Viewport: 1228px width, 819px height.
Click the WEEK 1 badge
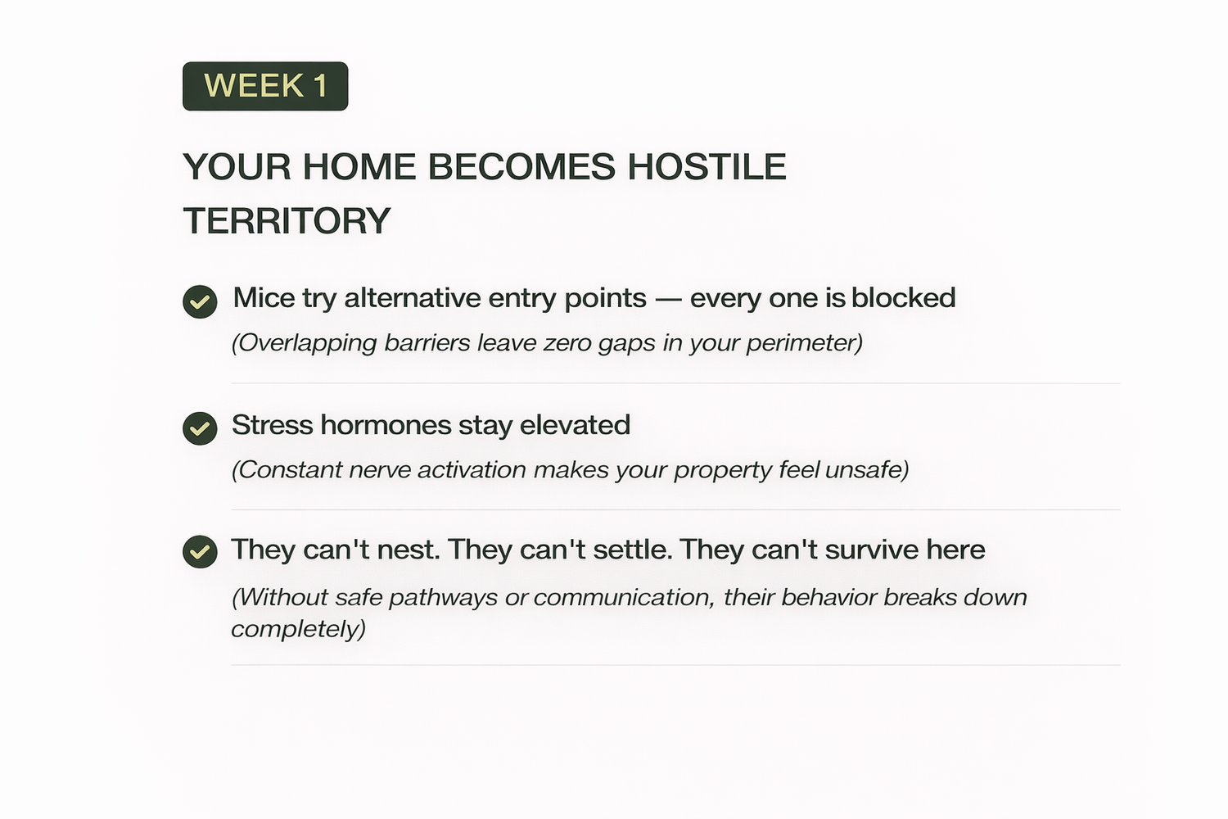pyautogui.click(x=265, y=86)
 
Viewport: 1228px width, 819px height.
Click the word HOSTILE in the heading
pyautogui.click(x=707, y=167)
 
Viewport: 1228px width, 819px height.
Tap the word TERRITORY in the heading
pyautogui.click(x=287, y=220)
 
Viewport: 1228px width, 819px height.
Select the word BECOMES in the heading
pyautogui.click(x=521, y=167)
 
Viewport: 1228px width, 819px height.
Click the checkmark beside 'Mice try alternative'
pyautogui.click(x=200, y=301)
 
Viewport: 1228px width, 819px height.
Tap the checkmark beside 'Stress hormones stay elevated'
pyautogui.click(x=200, y=428)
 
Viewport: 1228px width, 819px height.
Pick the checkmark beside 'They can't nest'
pyautogui.click(x=200, y=551)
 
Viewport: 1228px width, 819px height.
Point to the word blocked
pyautogui.click(x=904, y=298)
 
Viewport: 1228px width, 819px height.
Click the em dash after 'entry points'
pyautogui.click(x=668, y=300)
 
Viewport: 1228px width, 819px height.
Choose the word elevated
pyautogui.click(x=575, y=424)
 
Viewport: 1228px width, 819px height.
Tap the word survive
pyautogui.click(x=871, y=550)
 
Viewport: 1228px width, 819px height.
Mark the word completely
pyautogui.click(x=298, y=629)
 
